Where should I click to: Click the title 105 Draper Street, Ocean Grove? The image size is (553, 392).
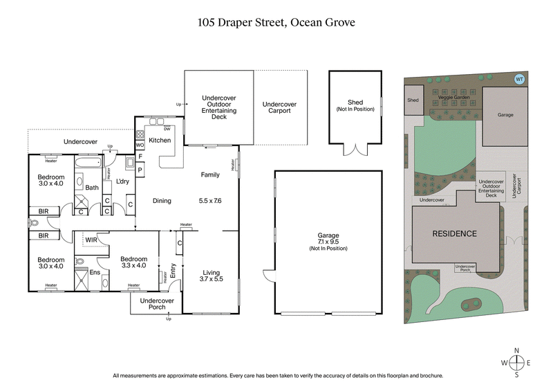276,22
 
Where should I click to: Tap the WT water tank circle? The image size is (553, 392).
519,79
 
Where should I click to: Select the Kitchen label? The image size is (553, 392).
160,141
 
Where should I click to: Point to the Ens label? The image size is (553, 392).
95,273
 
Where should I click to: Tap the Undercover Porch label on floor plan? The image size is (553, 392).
156,305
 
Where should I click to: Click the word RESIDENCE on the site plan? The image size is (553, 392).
454,233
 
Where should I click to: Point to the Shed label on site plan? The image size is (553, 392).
413,100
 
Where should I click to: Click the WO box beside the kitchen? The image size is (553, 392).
140,145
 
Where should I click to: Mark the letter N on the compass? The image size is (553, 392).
516,351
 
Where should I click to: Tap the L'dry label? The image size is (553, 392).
123,181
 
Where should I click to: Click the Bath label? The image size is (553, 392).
92,187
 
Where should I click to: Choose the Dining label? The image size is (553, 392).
161,201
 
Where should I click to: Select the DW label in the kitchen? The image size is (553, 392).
167,129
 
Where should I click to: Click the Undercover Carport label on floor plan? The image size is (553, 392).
279,108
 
